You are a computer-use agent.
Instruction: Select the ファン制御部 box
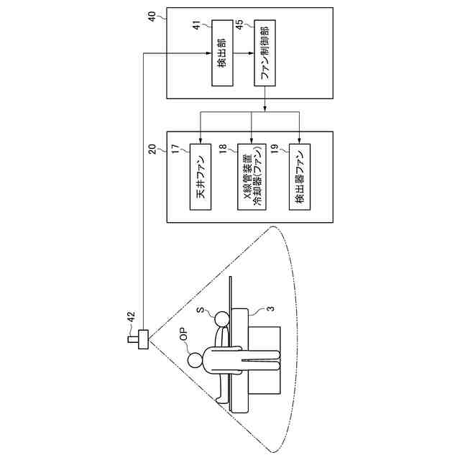point(266,55)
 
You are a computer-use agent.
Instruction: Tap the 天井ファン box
point(202,178)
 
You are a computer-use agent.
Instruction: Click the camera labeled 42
point(141,339)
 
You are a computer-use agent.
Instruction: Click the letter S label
point(203,310)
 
